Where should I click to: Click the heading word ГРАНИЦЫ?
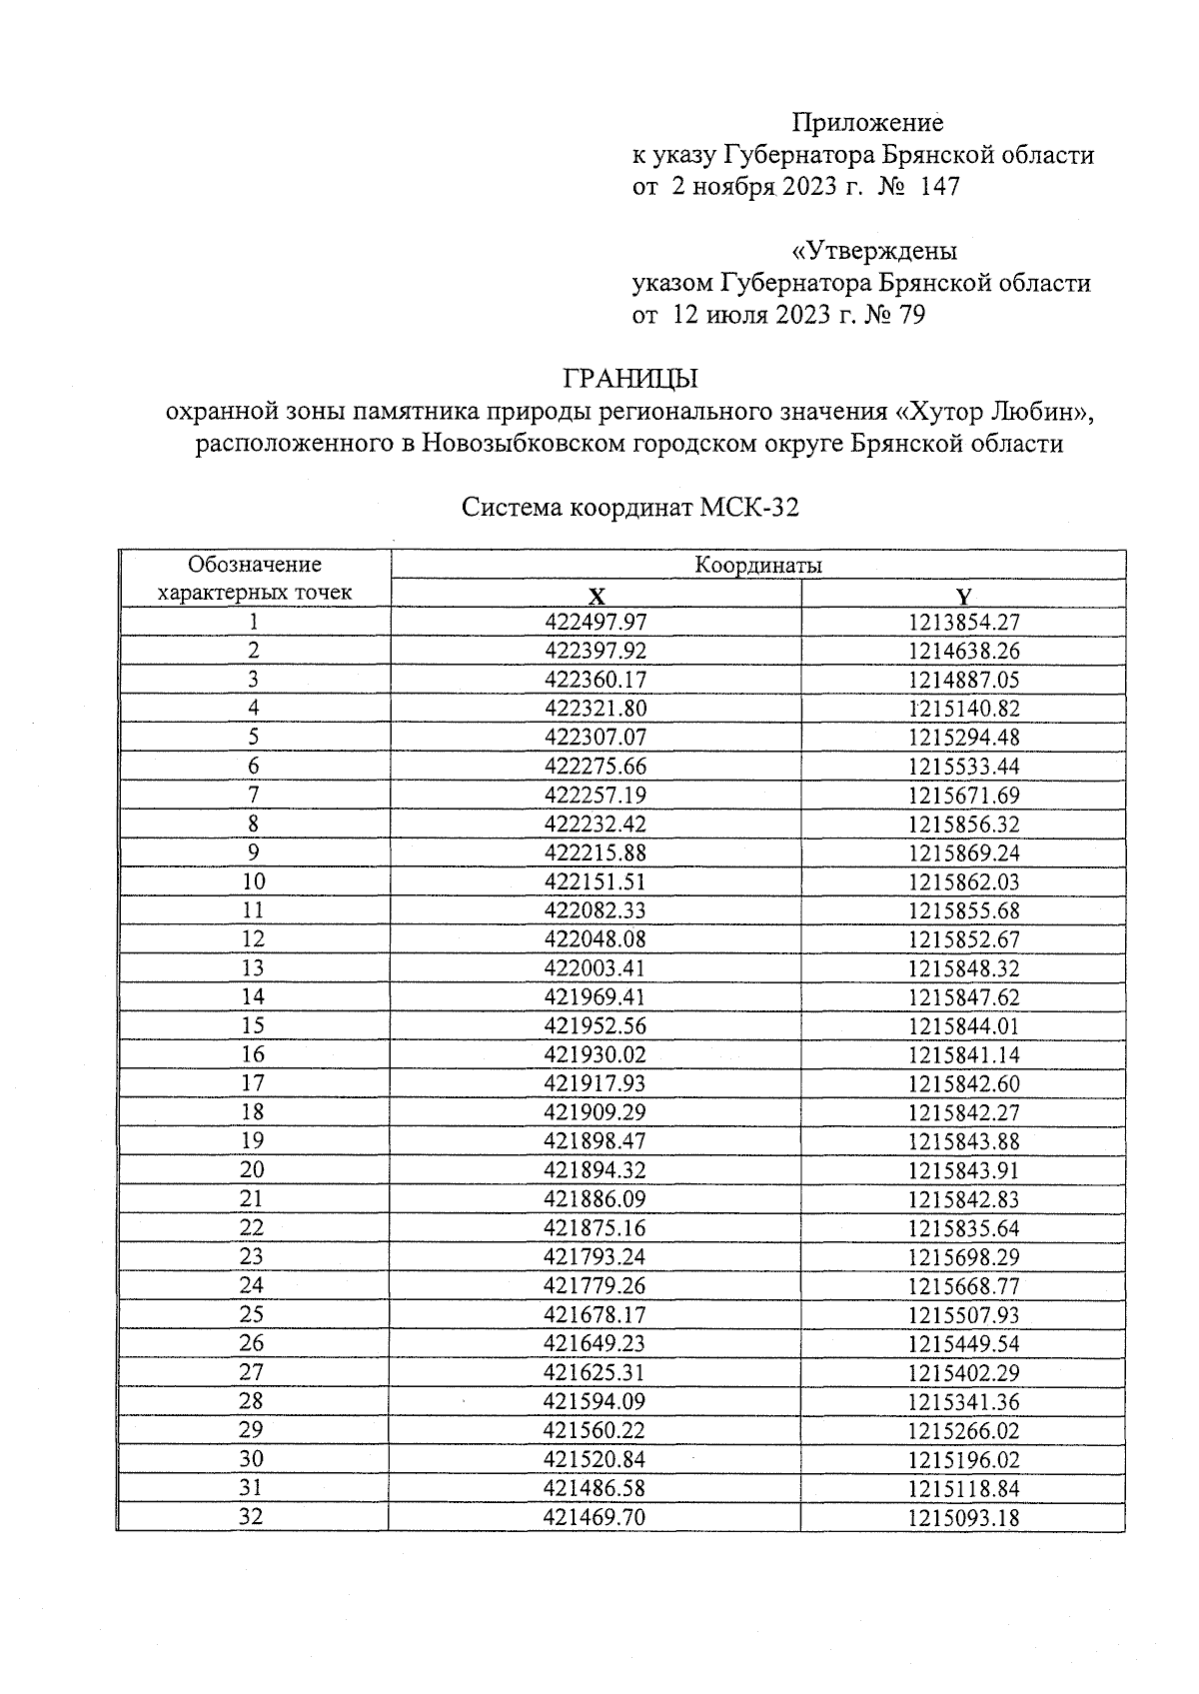click(x=629, y=380)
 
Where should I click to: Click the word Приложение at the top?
click(x=867, y=123)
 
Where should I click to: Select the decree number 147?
click(x=939, y=187)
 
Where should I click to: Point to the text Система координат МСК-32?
click(x=629, y=508)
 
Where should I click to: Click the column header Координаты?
click(x=758, y=566)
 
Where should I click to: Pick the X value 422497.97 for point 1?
click(x=596, y=623)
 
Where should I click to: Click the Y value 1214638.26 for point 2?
click(x=963, y=652)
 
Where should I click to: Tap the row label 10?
click(x=254, y=881)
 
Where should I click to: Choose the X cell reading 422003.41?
click(x=596, y=968)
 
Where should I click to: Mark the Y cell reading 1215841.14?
click(x=963, y=1055)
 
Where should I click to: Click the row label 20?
click(x=254, y=1170)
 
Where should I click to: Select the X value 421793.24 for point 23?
click(x=596, y=1257)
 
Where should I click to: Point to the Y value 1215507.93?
click(x=963, y=1315)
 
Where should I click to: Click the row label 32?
click(x=254, y=1517)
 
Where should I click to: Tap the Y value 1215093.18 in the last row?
click(x=963, y=1518)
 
